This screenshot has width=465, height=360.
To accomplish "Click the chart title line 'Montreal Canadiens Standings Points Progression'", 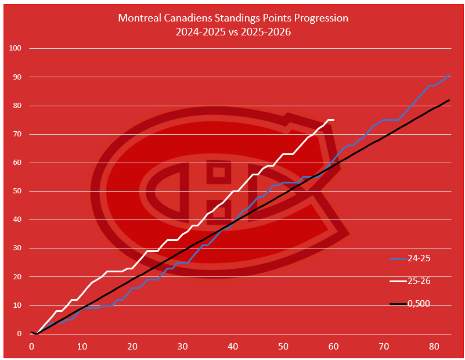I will (233, 18).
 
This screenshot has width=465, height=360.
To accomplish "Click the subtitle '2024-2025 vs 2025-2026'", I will (233, 32).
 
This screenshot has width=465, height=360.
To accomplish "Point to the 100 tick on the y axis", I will (15, 48).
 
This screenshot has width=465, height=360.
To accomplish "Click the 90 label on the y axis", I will (17, 77).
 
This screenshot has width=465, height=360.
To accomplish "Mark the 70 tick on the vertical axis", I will (17, 134).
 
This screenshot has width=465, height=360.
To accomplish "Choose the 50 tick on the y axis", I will (17, 191).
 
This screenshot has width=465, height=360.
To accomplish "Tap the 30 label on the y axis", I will (17, 249).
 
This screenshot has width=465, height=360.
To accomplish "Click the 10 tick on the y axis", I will (17, 305).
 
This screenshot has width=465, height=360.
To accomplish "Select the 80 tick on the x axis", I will (434, 347).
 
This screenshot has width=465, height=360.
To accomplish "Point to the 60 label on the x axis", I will (333, 347).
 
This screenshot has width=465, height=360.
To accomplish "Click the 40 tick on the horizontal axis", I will (233, 347).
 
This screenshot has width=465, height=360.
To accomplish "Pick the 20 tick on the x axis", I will (132, 347).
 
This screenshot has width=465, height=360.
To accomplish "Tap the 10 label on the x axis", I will (82, 347).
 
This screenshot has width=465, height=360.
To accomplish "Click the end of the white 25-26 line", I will (333, 120).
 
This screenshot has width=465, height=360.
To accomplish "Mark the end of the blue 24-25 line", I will (449, 74).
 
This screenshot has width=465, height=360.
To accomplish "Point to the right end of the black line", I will (449, 100).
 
